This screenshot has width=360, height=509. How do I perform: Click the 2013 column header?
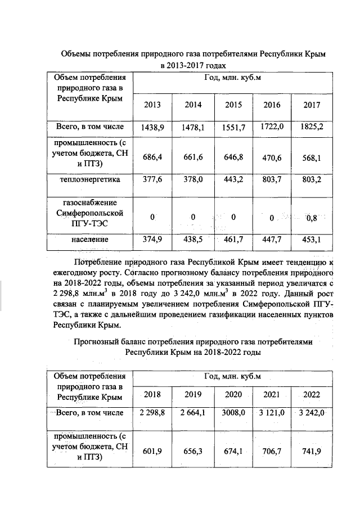152,105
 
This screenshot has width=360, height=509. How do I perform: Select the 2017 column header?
312,105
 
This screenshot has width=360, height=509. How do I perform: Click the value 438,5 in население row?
193,240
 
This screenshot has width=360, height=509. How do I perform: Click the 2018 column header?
152,394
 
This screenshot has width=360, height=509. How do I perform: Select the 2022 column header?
312,394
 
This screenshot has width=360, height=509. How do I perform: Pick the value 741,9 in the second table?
312,453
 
